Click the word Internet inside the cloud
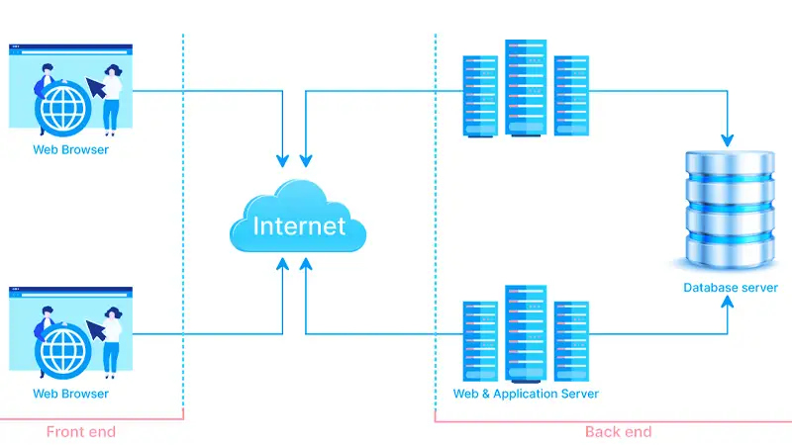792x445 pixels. pos(299,225)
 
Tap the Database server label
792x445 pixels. pos(731,288)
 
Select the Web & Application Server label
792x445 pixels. pos(526,394)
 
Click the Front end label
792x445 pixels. pos(81,431)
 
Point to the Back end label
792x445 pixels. pos(618,431)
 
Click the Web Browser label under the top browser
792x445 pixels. pos(70,150)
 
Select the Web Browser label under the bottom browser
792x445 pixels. pos(70,394)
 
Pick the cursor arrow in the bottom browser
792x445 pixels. pos(97,330)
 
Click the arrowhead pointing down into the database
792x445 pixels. pos(731,136)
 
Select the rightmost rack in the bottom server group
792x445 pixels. pos(571,341)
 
